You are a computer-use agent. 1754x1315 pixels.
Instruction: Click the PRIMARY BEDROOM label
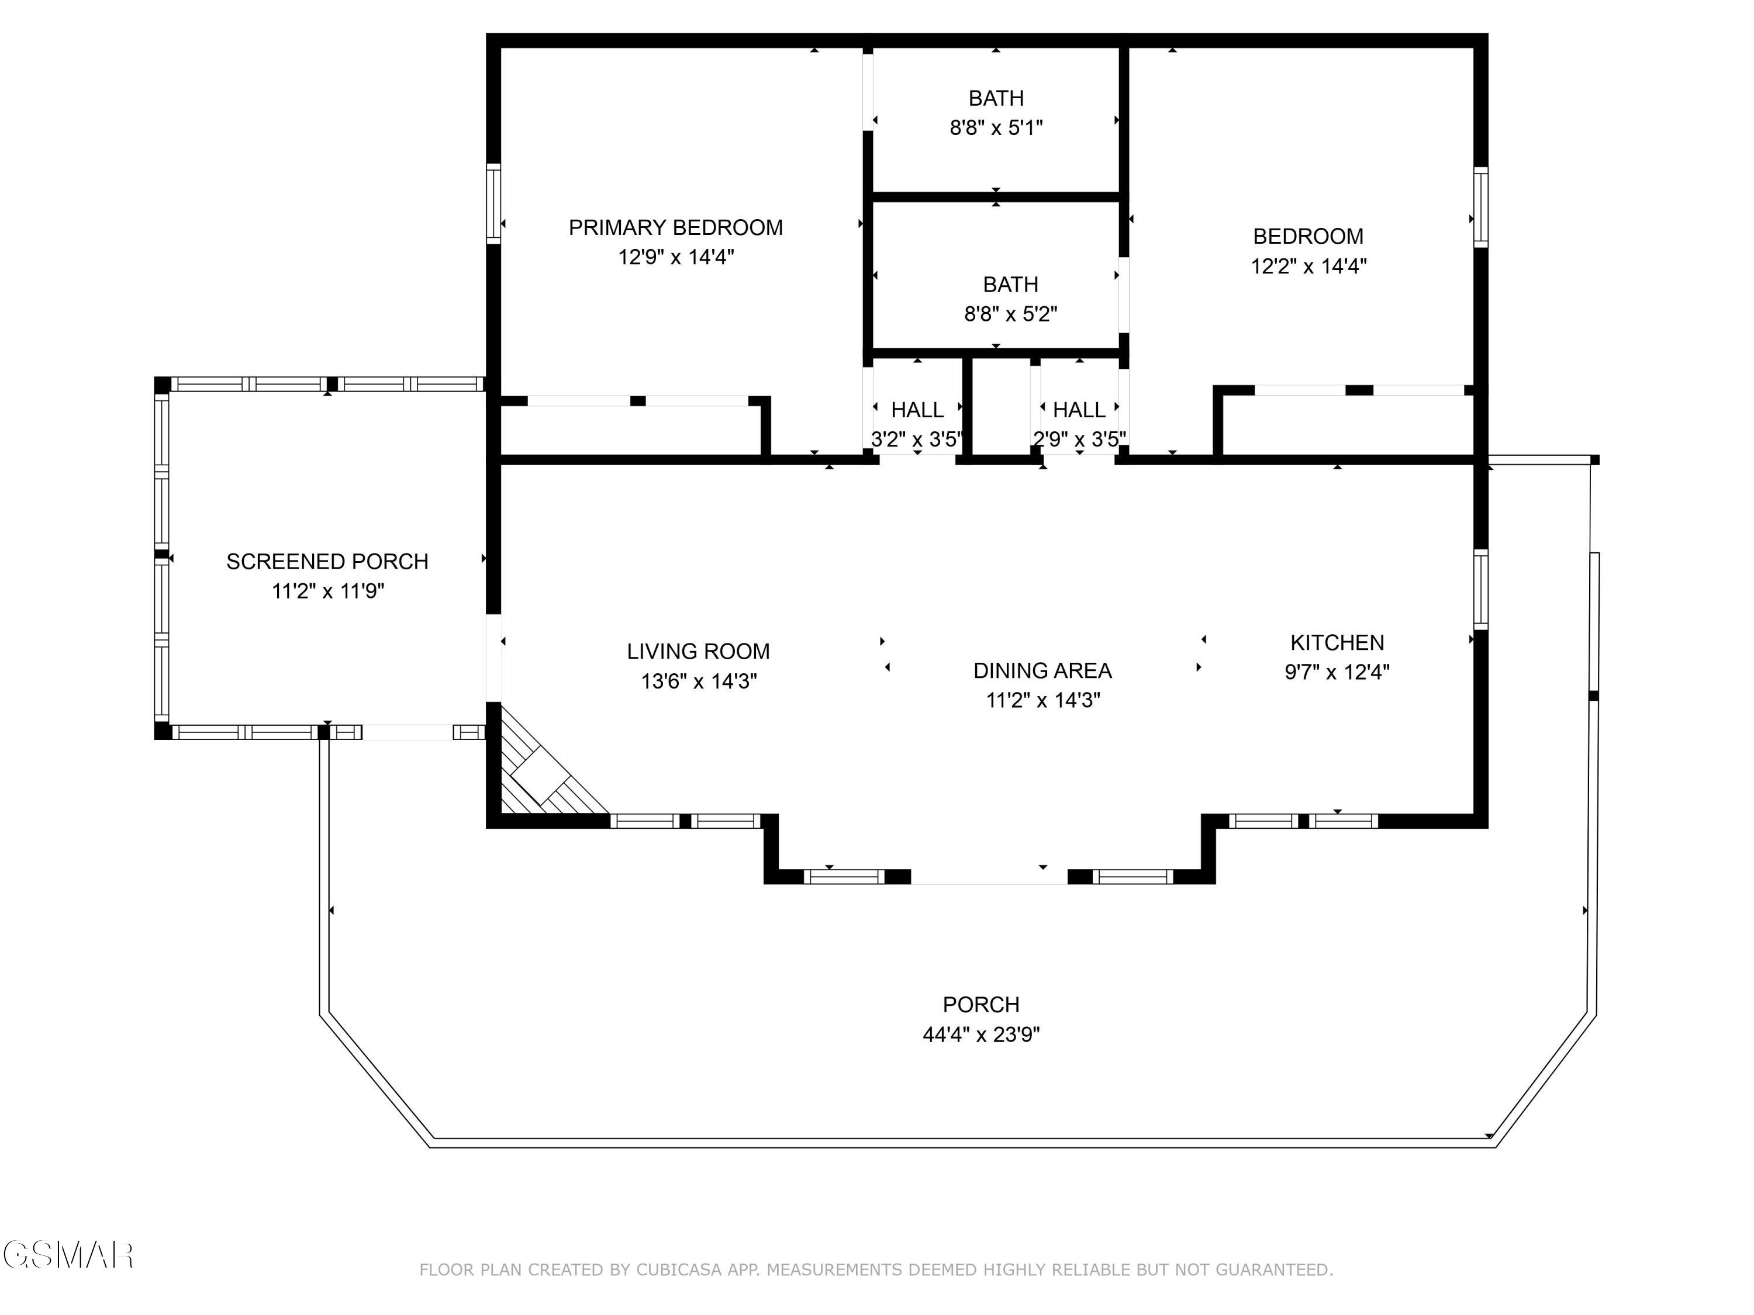pos(676,227)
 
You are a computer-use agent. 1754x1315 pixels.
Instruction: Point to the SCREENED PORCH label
pos(327,561)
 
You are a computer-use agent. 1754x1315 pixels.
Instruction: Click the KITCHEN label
pos(1337,642)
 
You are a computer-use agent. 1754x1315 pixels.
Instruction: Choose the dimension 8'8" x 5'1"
pos(996,127)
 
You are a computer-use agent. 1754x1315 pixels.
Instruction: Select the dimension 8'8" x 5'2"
pos(1010,314)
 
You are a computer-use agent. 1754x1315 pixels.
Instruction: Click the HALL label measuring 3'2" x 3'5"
pos(917,410)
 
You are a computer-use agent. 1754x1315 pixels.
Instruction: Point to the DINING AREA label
pos(1042,670)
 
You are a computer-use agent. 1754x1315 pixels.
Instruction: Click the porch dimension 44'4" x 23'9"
pos(981,1034)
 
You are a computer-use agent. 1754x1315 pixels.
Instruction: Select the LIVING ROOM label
pos(698,652)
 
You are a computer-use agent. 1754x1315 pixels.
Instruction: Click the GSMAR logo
pos(68,1255)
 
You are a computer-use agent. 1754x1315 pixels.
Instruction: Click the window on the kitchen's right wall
pos(1480,589)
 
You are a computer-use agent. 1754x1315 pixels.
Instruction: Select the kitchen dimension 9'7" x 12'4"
pos(1337,672)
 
